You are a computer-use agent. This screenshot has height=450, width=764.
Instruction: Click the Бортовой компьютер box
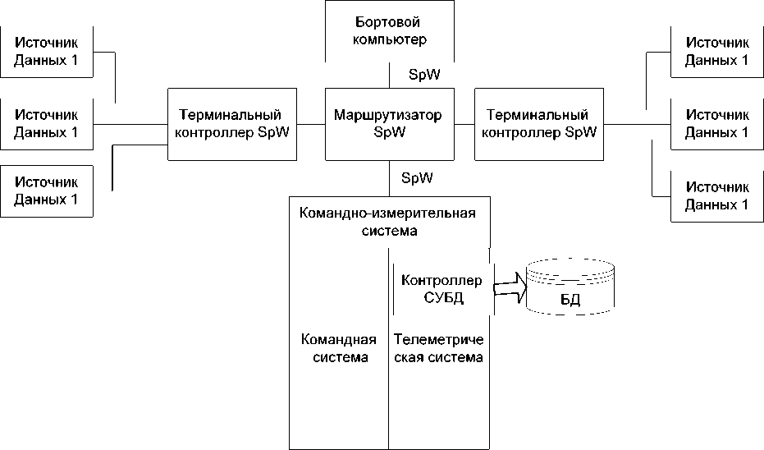pos(390,30)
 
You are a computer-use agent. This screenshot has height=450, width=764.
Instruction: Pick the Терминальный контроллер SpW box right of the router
pos(539,123)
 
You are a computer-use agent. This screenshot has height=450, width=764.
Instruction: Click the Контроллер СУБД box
pos(443,290)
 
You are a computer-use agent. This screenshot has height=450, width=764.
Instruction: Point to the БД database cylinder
pos(570,289)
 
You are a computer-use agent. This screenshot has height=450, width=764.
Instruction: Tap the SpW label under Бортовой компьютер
pos(424,75)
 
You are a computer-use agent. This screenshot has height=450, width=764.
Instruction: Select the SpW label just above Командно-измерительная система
pos(418,177)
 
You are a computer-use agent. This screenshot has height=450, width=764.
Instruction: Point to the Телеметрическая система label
pos(438,349)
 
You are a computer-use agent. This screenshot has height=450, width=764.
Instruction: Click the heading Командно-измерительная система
pos(389,223)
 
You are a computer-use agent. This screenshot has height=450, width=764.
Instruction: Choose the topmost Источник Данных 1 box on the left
pos(47,53)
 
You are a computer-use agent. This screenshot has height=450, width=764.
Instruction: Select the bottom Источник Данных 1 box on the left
pos(47,191)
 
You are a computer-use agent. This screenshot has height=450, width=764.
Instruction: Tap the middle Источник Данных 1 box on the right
pos(716,124)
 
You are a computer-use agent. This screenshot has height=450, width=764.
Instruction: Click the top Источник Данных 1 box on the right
pos(716,53)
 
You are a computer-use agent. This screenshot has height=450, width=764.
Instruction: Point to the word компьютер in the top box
pos(390,39)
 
